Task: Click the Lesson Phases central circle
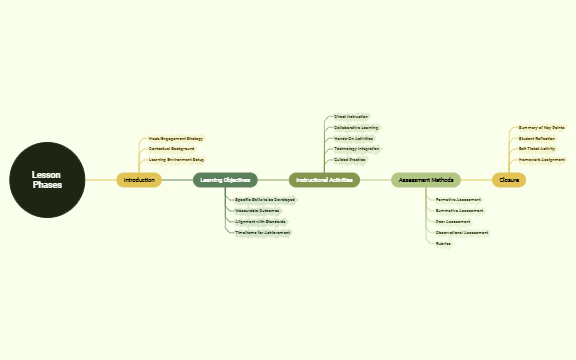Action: (x=47, y=180)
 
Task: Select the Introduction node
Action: (x=139, y=180)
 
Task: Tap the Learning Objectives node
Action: (x=225, y=180)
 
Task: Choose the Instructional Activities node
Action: (x=324, y=180)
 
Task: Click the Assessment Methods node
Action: (x=426, y=180)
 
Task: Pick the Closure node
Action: (x=509, y=180)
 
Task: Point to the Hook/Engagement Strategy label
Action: (x=175, y=138)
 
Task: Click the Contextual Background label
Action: (x=171, y=149)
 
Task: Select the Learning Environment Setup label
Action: (x=176, y=159)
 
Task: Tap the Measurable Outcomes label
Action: (x=257, y=211)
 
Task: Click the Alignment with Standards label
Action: (x=260, y=222)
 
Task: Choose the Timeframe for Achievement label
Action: (x=262, y=232)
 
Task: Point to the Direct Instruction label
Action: (x=351, y=117)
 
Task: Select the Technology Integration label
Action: (x=357, y=149)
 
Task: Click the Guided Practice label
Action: (x=350, y=159)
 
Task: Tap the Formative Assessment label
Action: (x=458, y=200)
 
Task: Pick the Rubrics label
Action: (x=443, y=243)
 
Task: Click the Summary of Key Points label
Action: (x=541, y=128)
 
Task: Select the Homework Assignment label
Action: (x=541, y=159)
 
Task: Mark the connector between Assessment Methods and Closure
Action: (x=476, y=180)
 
